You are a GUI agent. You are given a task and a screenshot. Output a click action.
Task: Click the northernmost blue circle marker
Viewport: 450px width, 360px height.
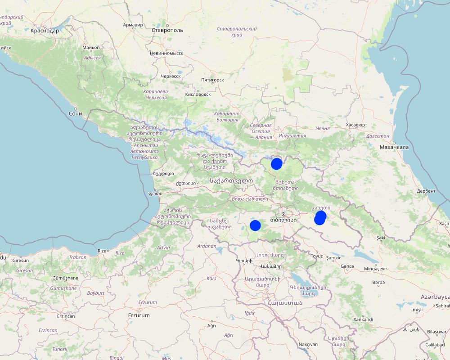(276, 164)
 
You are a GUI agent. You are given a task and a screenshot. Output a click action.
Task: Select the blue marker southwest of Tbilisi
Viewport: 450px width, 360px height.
(255, 225)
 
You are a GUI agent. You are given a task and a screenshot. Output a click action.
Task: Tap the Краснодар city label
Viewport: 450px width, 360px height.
(45, 31)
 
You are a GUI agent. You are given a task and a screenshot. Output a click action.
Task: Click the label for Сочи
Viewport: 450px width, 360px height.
(75, 113)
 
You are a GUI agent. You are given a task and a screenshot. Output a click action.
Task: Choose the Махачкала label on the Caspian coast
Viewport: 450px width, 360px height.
(394, 147)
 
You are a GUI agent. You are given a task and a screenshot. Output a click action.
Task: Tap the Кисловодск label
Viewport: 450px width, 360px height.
(198, 94)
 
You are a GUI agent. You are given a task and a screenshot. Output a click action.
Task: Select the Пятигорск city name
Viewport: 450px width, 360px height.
(212, 80)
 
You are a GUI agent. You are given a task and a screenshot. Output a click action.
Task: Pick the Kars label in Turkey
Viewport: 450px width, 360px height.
(211, 278)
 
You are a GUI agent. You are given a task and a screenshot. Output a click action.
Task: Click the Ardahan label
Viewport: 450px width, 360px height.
(207, 246)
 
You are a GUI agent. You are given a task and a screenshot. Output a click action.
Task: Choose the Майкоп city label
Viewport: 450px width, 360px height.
(91, 47)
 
